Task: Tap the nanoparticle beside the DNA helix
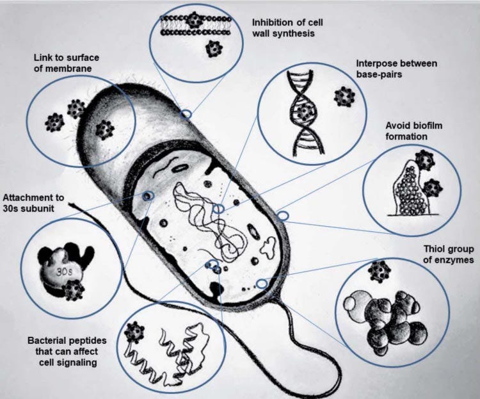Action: tap(344, 97)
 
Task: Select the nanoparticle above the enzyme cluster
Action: tap(379, 272)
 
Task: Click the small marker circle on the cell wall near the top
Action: tap(186, 115)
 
